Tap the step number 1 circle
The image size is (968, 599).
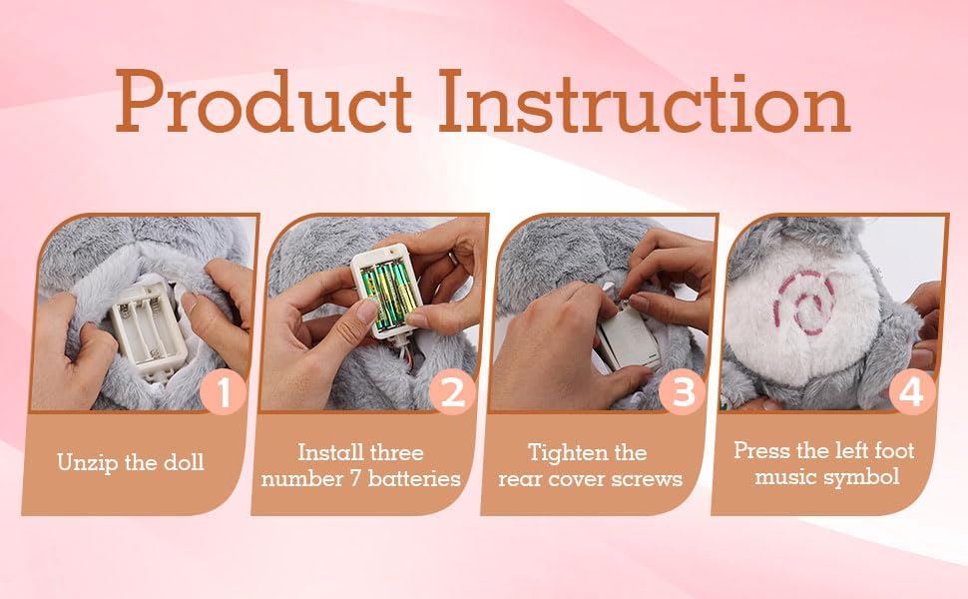click(224, 391)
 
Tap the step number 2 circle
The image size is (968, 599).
click(452, 391)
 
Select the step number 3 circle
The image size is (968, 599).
click(683, 391)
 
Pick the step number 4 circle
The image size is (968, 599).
click(912, 391)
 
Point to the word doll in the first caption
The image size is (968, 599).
click(185, 461)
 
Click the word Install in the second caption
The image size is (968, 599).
click(327, 452)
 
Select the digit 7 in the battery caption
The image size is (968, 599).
click(354, 479)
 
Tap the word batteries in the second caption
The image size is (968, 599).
click(414, 478)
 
